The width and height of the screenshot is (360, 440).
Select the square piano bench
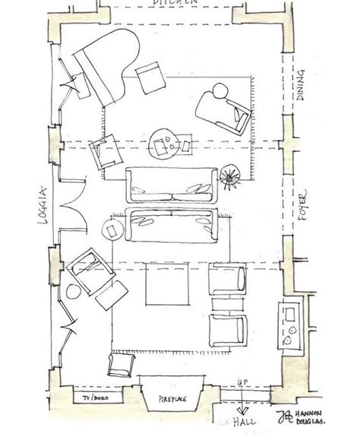click(x=148, y=77)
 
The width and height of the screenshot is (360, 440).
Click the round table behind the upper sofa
click(x=164, y=142)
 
